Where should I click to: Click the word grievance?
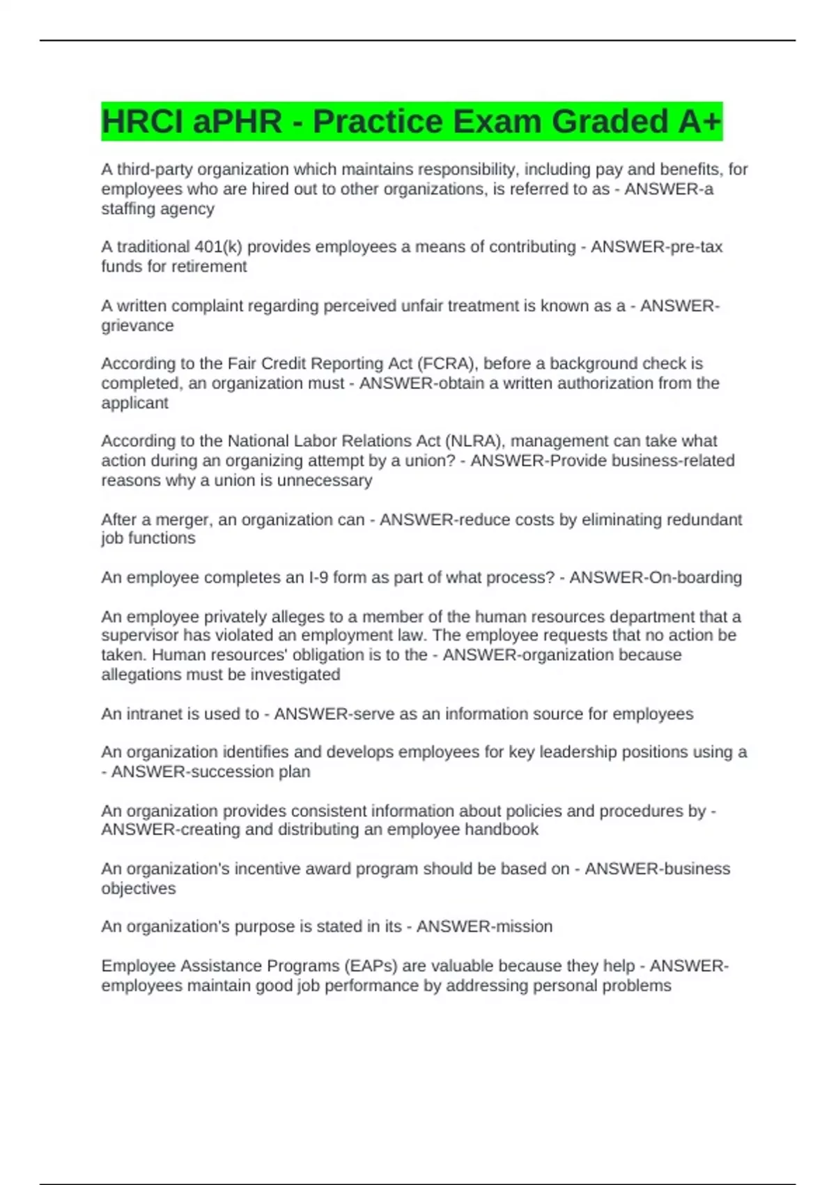point(137,326)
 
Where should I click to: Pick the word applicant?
point(134,403)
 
